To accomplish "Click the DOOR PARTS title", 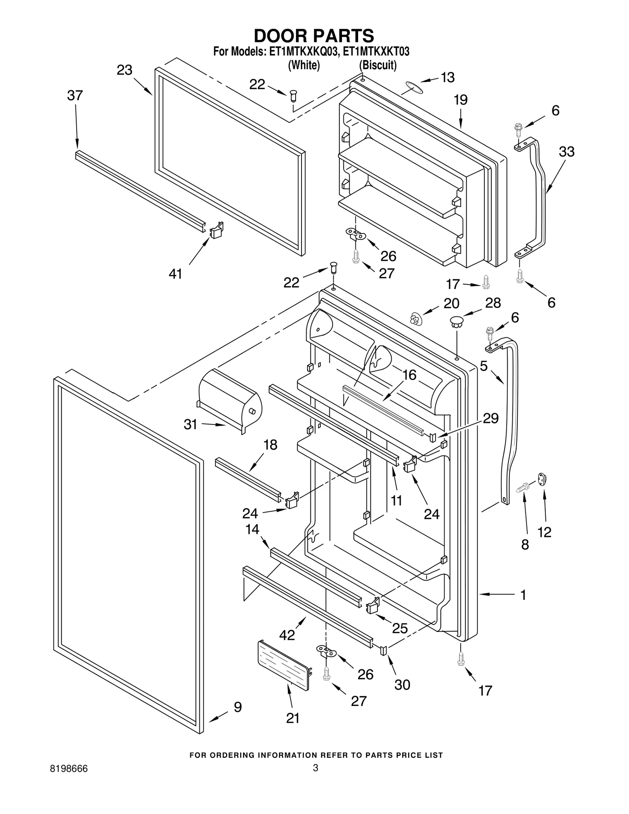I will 314,36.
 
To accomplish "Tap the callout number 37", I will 75,96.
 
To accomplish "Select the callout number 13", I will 447,78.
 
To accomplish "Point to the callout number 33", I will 566,152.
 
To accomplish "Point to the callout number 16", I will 409,375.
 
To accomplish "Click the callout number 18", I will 270,445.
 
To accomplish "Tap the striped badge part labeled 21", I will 284,665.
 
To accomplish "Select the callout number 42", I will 287,634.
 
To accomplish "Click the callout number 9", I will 238,707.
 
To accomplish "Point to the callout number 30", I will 402,685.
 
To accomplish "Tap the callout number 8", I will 525,544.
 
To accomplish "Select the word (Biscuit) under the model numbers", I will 378,65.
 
